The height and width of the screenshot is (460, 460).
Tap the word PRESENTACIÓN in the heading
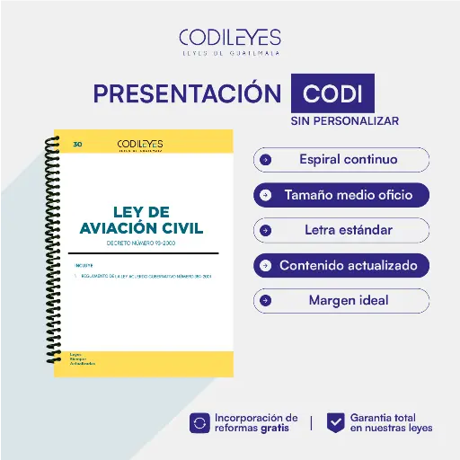(x=187, y=94)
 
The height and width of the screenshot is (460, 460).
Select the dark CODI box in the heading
(x=332, y=94)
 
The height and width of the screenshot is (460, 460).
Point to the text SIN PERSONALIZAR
(x=344, y=120)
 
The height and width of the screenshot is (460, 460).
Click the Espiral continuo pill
(x=341, y=160)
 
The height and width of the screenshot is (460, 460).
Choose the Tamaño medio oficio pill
(x=341, y=195)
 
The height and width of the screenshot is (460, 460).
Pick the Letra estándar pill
(x=341, y=230)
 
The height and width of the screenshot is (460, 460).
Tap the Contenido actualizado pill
(x=341, y=265)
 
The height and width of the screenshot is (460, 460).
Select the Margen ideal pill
(x=341, y=300)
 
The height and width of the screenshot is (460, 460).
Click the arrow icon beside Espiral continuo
(x=266, y=160)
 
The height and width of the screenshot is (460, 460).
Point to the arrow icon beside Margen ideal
(x=266, y=300)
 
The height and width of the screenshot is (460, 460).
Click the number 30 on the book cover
(x=77, y=143)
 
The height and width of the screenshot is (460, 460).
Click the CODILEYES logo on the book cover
(x=140, y=145)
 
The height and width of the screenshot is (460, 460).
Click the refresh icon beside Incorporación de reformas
(x=199, y=422)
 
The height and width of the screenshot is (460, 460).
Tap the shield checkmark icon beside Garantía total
(x=335, y=422)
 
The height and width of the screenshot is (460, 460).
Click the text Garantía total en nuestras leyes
(x=391, y=422)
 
